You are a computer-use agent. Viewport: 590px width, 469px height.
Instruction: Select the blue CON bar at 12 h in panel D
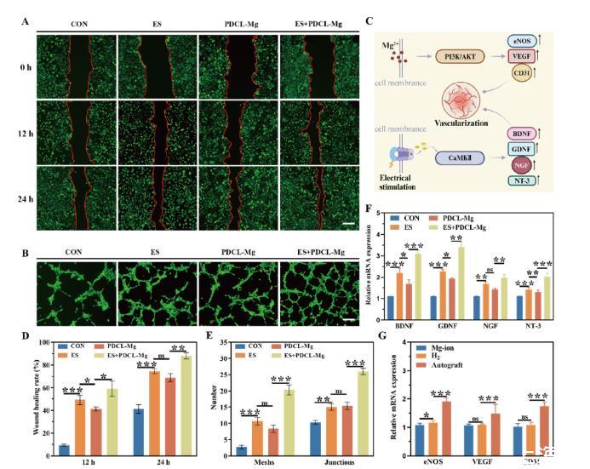[x=64, y=445]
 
